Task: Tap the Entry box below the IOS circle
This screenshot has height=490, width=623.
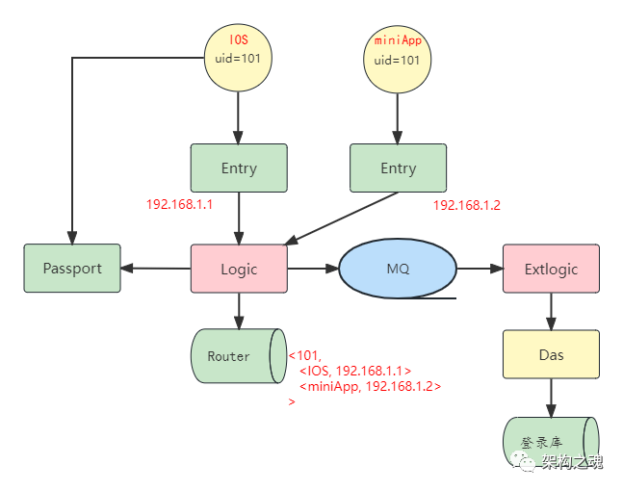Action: pyautogui.click(x=239, y=168)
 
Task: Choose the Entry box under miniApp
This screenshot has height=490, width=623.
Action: pyautogui.click(x=398, y=168)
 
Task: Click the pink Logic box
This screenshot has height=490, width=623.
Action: pyautogui.click(x=239, y=269)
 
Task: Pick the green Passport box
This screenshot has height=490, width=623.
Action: pyautogui.click(x=72, y=269)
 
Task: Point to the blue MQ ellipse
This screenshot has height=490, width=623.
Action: pyautogui.click(x=398, y=269)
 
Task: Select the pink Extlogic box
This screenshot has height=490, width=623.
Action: pyautogui.click(x=551, y=269)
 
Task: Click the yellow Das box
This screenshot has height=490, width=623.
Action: pyautogui.click(x=551, y=354)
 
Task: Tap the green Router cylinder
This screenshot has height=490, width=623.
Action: pyautogui.click(x=237, y=356)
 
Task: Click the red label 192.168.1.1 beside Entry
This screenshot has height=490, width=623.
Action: pyautogui.click(x=179, y=205)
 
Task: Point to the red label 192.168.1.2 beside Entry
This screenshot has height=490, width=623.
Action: pyautogui.click(x=466, y=205)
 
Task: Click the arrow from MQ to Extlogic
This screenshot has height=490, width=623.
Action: pyautogui.click(x=480, y=269)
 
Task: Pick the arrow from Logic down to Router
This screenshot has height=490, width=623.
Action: pyautogui.click(x=239, y=311)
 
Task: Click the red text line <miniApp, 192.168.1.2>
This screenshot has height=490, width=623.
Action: pyautogui.click(x=370, y=386)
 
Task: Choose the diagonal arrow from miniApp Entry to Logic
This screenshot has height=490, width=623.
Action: pyautogui.click(x=337, y=219)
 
